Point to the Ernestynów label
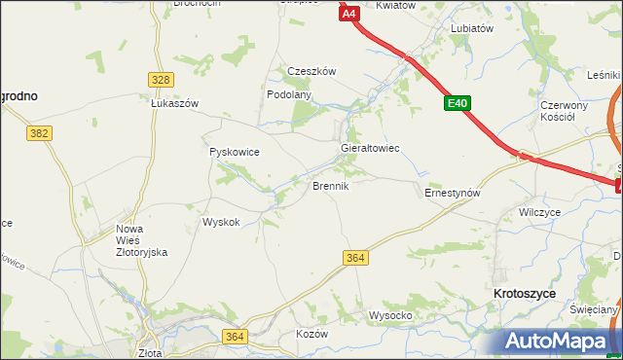click(x=453, y=193)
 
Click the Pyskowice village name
click(x=235, y=153)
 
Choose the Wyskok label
click(x=221, y=222)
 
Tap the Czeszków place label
click(x=311, y=71)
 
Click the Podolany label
click(x=289, y=94)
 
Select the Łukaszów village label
click(x=174, y=103)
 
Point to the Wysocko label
click(x=390, y=315)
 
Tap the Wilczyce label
click(x=540, y=211)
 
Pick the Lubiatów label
click(x=472, y=29)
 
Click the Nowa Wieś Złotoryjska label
click(x=142, y=240)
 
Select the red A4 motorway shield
click(x=350, y=13)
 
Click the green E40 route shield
click(x=459, y=102)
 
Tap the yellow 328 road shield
click(x=162, y=80)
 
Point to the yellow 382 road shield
click(x=39, y=132)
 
